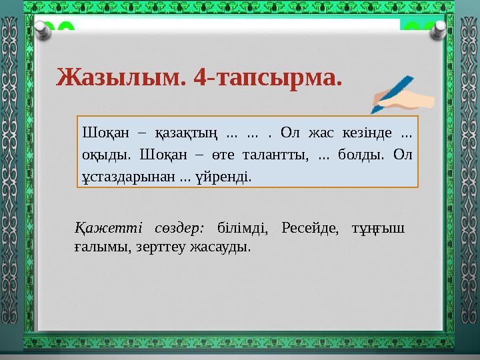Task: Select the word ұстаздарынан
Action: (126, 177)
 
